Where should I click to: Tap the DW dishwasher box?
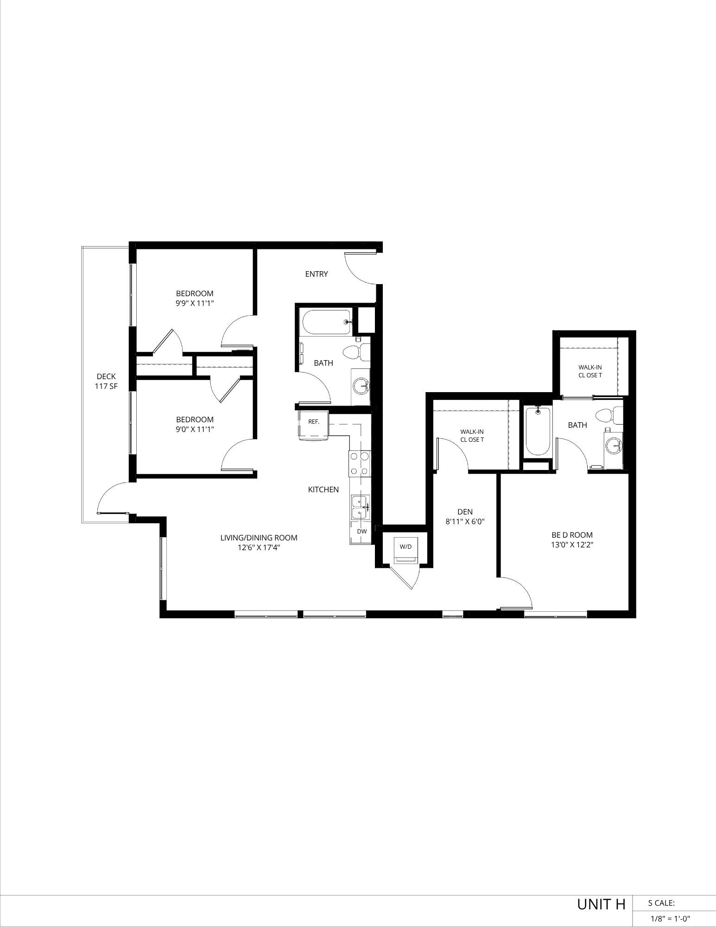[362, 532]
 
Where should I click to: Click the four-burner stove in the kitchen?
[360, 463]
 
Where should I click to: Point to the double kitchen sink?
[360, 507]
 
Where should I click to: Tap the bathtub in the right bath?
[538, 431]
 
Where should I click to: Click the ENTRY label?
[317, 274]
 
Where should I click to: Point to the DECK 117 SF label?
[106, 381]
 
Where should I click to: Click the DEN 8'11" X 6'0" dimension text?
[465, 521]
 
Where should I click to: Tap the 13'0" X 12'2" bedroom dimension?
[575, 545]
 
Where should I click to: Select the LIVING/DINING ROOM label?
[259, 538]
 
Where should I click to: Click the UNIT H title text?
[601, 904]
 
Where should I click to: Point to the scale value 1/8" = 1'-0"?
[670, 918]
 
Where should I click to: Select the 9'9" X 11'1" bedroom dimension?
[195, 303]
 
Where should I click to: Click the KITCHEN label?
[323, 489]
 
